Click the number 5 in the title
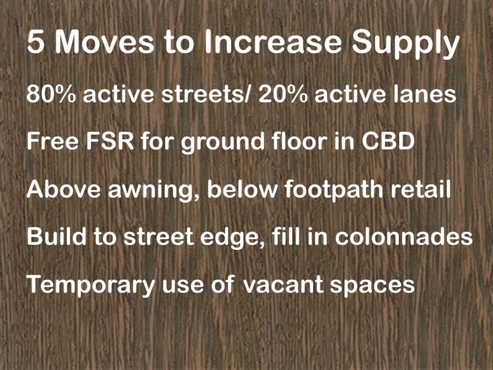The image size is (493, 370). (x=36, y=42)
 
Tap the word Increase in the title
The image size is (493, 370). (x=272, y=42)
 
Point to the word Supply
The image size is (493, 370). (x=406, y=45)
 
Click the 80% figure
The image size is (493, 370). (x=51, y=94)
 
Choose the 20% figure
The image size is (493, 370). (x=283, y=94)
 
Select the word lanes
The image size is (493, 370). (x=421, y=94)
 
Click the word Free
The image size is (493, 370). (x=52, y=142)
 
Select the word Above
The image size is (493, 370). (x=64, y=189)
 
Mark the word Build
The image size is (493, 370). (x=56, y=236)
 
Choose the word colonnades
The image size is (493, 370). (x=404, y=236)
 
